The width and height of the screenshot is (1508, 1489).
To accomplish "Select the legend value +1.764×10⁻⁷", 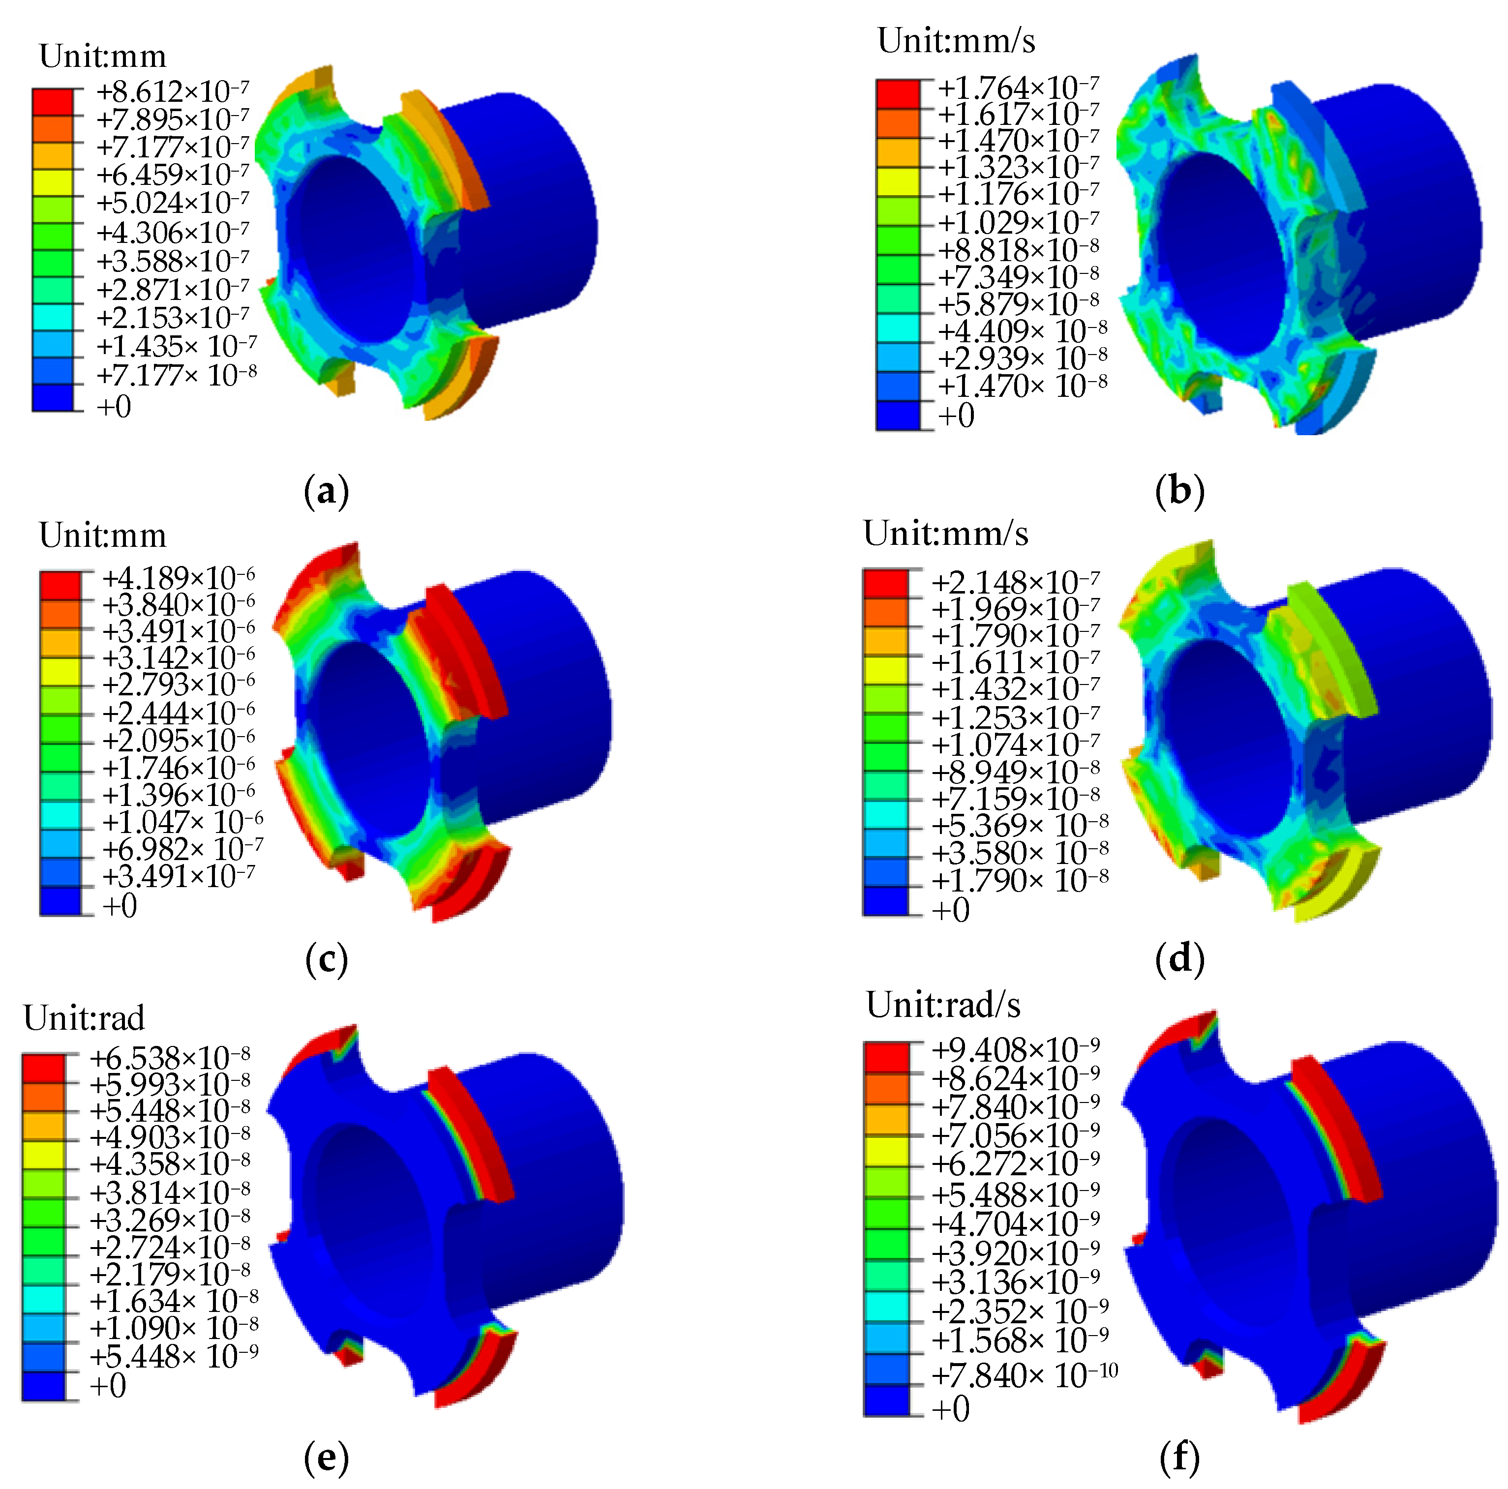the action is pos(1017,87).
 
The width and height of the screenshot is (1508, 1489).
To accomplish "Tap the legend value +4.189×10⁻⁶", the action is pos(178,578).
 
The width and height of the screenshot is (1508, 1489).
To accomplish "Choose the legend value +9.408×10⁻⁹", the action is pos(1015,1050).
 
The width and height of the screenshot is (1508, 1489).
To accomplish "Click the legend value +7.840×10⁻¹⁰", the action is pos(1024,1376).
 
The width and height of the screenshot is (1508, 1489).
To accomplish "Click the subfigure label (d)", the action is pos(1179,958).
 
